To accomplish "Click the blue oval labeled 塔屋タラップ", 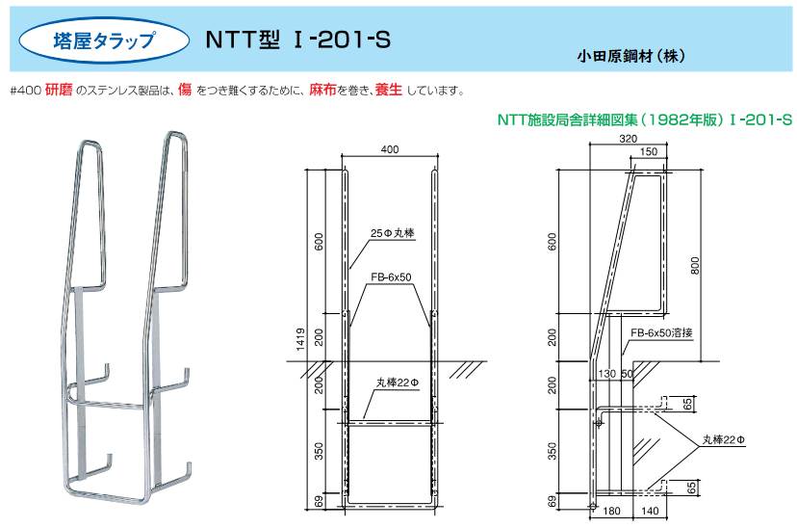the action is (104, 40).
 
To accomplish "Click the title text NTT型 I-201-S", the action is (297, 40).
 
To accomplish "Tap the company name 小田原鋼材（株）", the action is (630, 56).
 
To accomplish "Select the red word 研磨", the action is (59, 90).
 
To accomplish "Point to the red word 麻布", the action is (322, 90).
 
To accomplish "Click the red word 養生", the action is (388, 90).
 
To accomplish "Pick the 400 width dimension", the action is (389, 149).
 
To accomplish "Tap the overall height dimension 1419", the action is (300, 339).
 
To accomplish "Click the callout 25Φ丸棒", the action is (392, 233).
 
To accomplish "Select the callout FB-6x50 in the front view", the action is (391, 277).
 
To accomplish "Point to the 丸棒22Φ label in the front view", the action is (398, 382).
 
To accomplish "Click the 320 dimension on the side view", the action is (629, 139).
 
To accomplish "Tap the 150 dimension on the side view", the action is (648, 151).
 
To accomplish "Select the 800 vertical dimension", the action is (695, 265).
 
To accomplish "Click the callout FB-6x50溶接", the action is (661, 332).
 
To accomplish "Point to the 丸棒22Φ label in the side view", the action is (724, 439).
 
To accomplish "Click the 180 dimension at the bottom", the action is (610, 511).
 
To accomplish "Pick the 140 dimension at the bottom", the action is (649, 511).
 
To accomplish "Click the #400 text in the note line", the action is (25, 92).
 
